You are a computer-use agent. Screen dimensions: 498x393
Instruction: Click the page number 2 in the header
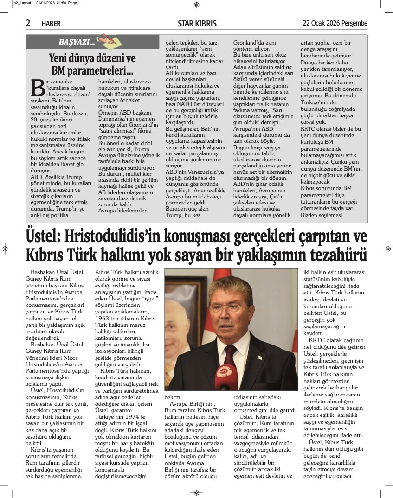click(x=28, y=23)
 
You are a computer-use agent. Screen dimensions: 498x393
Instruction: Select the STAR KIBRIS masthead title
click(x=197, y=24)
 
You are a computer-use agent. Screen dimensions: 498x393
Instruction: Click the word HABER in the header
click(x=51, y=24)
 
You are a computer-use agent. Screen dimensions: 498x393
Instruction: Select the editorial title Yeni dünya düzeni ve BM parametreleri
click(x=92, y=65)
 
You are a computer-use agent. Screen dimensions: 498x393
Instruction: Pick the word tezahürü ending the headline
click(x=333, y=255)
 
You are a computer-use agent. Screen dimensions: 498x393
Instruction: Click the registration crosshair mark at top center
click(x=197, y=5)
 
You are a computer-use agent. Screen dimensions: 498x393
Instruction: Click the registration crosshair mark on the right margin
click(x=388, y=249)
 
